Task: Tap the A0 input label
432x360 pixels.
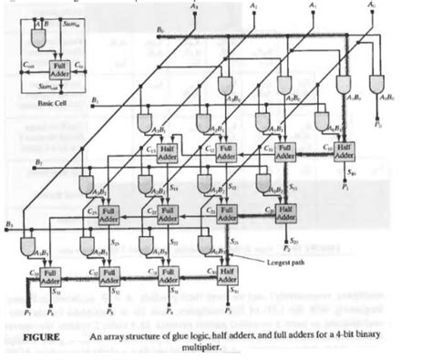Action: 371,7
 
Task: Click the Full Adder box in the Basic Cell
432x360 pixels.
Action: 58,68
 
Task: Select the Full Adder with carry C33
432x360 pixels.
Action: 55,274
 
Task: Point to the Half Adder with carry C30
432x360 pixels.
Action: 230,274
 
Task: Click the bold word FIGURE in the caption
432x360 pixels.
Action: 38,337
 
